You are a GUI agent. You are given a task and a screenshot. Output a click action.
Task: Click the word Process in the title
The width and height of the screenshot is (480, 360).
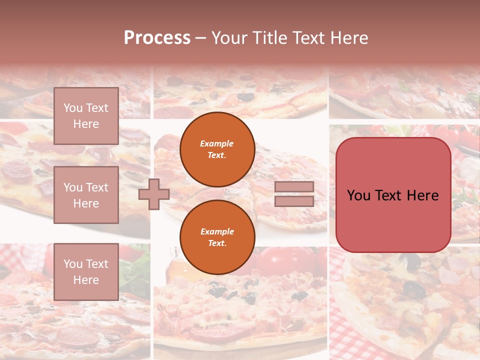(x=157, y=38)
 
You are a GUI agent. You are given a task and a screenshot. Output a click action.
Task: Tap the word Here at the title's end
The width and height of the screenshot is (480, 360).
(x=347, y=38)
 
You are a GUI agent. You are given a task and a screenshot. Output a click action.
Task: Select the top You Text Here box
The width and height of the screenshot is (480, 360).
(x=86, y=116)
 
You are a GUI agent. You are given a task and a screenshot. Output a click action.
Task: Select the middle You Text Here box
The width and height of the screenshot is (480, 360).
(x=86, y=195)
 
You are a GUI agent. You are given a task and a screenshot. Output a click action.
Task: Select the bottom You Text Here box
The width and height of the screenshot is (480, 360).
(x=86, y=272)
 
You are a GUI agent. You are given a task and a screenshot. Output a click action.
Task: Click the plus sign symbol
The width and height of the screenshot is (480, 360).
(x=153, y=194)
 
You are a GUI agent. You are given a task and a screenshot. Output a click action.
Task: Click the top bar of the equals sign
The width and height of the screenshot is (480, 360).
(x=294, y=187)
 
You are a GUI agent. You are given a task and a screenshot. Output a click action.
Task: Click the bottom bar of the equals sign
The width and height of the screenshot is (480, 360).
(x=294, y=201)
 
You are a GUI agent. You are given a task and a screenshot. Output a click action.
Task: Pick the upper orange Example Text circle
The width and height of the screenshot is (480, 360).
(x=217, y=149)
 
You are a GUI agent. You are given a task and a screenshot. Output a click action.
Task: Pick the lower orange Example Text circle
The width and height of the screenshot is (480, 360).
(x=217, y=237)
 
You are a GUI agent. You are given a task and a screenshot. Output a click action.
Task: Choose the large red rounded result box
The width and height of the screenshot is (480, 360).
(x=393, y=195)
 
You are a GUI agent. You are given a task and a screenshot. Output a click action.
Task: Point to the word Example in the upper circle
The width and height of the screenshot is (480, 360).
(x=217, y=144)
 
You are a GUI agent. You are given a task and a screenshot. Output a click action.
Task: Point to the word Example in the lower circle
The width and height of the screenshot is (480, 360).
(x=217, y=232)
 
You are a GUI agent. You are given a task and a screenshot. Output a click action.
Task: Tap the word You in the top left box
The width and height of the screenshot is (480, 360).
(x=73, y=108)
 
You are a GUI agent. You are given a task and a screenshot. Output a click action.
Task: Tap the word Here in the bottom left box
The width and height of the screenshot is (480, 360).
(x=86, y=280)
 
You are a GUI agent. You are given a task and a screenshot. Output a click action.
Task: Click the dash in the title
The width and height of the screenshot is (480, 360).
(x=201, y=38)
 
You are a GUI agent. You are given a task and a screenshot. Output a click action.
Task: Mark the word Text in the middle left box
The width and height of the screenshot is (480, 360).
(x=96, y=187)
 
